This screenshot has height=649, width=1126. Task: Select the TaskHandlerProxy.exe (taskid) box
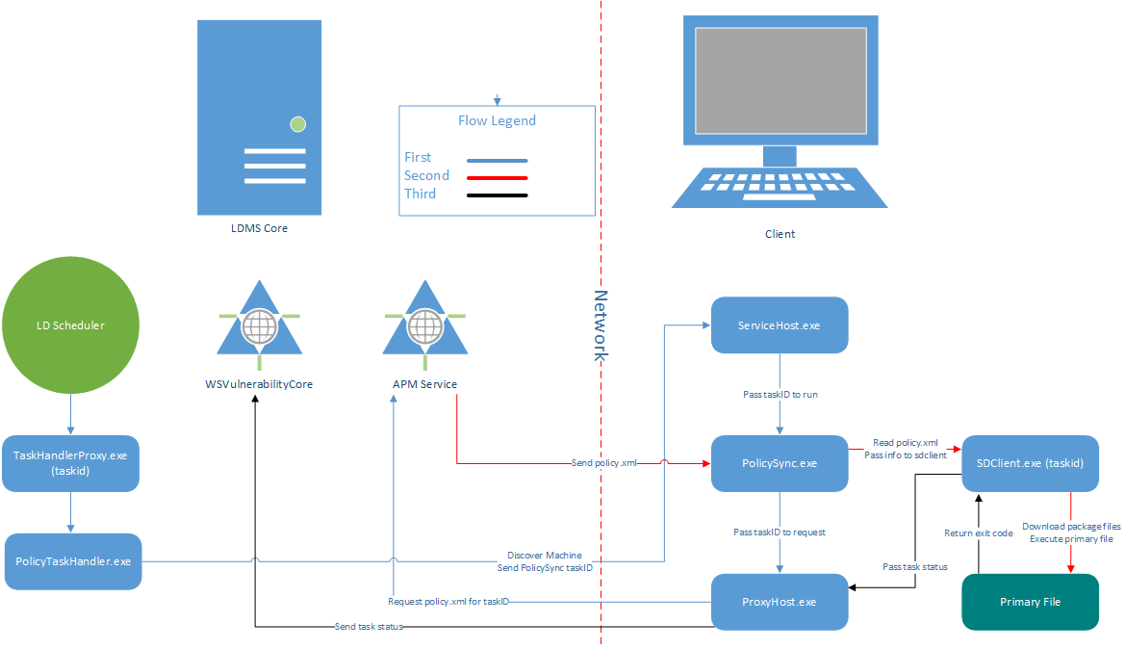click(71, 461)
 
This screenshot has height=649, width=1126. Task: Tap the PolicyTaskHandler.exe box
click(73, 560)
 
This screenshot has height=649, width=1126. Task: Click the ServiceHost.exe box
click(779, 325)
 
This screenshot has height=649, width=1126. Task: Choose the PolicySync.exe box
click(779, 463)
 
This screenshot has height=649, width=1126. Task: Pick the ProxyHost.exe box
click(779, 602)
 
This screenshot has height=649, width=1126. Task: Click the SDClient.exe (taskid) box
click(1030, 463)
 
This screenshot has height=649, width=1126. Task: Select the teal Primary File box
click(1030, 602)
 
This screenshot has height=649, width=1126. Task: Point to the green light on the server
click(298, 123)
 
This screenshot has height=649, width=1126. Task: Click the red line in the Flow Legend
click(497, 177)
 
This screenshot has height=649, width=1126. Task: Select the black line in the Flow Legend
click(497, 195)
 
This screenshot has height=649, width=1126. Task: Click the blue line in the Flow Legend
click(497, 160)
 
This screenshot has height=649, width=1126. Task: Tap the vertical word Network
click(601, 325)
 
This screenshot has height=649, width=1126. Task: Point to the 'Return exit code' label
click(978, 532)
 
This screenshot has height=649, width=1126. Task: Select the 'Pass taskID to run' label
click(779, 395)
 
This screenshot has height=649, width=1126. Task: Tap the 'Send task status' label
click(369, 627)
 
